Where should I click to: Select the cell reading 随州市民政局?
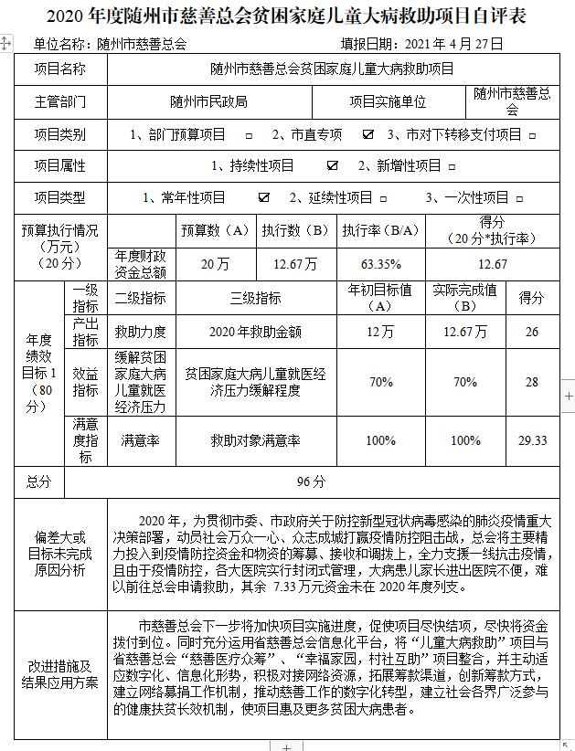[208, 102]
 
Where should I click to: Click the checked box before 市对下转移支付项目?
[368, 134]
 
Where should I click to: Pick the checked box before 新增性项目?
[333, 166]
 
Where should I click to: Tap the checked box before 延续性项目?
[264, 197]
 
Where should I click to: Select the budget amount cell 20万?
[215, 264]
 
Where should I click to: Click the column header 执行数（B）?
[294, 231]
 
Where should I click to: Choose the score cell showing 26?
[531, 332]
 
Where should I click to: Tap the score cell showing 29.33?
[531, 440]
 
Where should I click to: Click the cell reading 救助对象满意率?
[256, 440]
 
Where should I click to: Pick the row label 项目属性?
[60, 166]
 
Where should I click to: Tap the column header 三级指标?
[256, 298]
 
